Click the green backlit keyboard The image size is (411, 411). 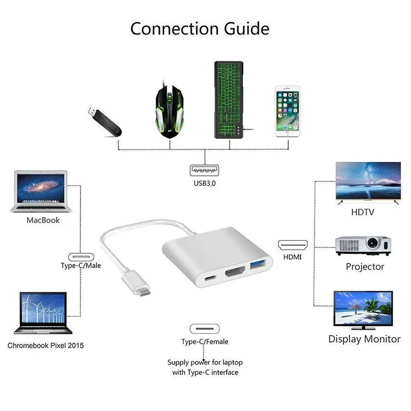(228, 100)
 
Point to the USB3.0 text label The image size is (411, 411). (205, 182)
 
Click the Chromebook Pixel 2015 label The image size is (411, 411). (45, 345)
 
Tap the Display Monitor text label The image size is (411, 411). (364, 339)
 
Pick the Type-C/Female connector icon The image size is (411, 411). (205, 329)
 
